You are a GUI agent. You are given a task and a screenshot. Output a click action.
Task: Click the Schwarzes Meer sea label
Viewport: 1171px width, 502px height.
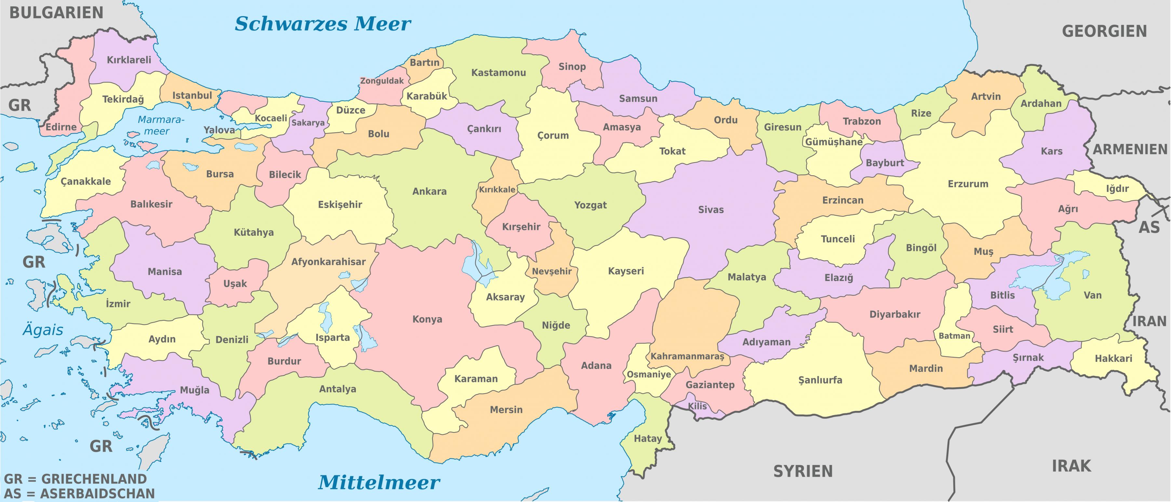[x=322, y=24]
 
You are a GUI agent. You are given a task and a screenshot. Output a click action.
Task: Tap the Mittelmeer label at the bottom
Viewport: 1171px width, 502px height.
[x=379, y=482]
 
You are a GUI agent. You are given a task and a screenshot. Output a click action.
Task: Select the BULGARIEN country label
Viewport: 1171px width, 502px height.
[x=56, y=13]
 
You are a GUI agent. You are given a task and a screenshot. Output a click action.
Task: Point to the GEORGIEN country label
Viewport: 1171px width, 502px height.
[x=1104, y=31]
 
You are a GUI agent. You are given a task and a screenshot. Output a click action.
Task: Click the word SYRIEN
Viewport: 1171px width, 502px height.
[x=803, y=471]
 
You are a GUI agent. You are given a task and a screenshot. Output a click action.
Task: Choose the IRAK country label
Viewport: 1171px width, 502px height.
[x=1071, y=466]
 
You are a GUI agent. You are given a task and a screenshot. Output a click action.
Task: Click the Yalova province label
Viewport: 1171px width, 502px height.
[x=219, y=130]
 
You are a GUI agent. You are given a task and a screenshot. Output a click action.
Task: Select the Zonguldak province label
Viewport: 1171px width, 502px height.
[x=382, y=81]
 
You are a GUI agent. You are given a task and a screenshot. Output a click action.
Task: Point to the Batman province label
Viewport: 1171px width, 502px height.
[x=954, y=336]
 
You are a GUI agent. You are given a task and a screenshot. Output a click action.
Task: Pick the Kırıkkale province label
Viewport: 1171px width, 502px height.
[x=497, y=190]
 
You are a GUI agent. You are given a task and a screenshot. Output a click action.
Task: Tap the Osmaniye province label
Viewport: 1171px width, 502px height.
[x=649, y=374]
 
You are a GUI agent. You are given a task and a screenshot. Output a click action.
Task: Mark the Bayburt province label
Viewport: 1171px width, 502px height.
[x=885, y=163]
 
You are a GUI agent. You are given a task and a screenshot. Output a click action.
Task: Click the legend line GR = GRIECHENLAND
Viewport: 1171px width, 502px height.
[x=75, y=479]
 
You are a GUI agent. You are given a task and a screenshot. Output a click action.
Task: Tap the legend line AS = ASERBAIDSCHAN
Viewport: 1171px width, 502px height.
[x=80, y=493]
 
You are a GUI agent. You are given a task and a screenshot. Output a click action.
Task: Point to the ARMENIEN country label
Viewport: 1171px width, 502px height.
[x=1130, y=150]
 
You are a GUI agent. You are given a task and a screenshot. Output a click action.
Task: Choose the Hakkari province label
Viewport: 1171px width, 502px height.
[x=1113, y=358]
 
